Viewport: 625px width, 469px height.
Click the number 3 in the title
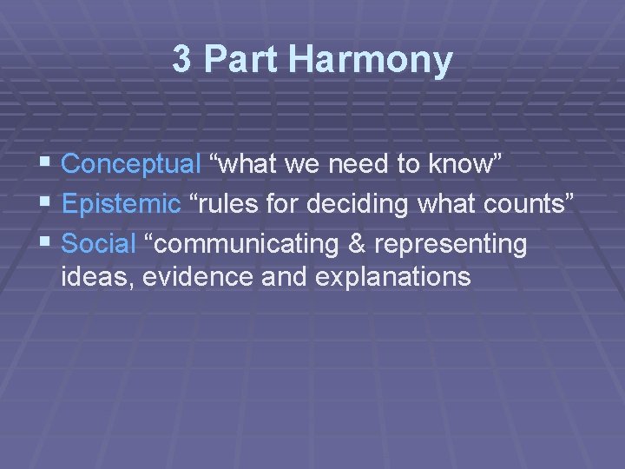tap(181, 60)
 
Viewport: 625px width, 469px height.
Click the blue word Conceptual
tap(131, 164)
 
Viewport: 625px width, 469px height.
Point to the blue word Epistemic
tap(122, 204)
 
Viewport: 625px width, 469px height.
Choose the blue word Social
tap(99, 244)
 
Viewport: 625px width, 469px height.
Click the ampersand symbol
tap(358, 244)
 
